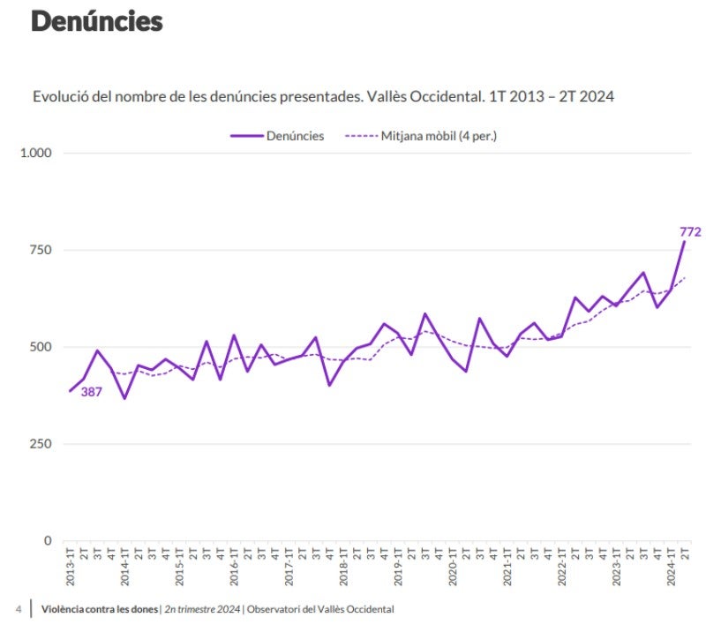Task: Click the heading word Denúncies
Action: pyautogui.click(x=96, y=21)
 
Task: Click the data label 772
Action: pyautogui.click(x=690, y=232)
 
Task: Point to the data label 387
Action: pyautogui.click(x=92, y=392)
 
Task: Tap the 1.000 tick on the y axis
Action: pyautogui.click(x=36, y=153)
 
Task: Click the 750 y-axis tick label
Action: pyautogui.click(x=41, y=250)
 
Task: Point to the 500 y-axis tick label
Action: pyautogui.click(x=41, y=347)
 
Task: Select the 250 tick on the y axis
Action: pyautogui.click(x=41, y=444)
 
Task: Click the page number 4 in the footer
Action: pyautogui.click(x=19, y=609)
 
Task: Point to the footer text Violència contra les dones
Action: pyautogui.click(x=100, y=609)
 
